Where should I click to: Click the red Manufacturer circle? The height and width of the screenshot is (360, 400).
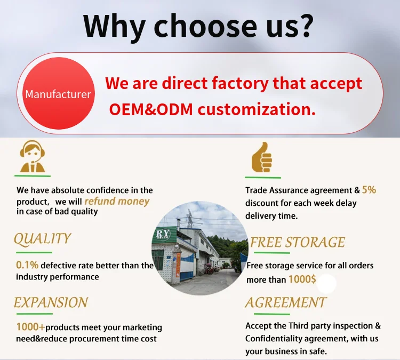[59, 93]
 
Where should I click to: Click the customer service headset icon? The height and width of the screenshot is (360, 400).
[33, 156]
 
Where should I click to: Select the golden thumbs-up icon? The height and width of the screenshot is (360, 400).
[262, 157]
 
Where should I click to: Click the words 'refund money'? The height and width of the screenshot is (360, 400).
[117, 201]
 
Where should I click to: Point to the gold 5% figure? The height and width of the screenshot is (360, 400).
[369, 190]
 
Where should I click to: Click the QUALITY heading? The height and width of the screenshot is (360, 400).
[42, 239]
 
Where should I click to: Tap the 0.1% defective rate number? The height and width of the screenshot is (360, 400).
[27, 265]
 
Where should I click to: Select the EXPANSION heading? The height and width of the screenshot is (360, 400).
[51, 302]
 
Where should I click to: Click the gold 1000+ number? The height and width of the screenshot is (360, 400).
[30, 327]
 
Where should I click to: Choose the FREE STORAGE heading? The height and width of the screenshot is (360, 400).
[298, 242]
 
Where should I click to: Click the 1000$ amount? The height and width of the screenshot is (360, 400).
[302, 279]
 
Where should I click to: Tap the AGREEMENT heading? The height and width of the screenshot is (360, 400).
[286, 302]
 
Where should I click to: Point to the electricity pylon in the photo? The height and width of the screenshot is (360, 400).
[190, 219]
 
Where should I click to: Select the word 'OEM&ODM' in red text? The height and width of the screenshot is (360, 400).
[151, 109]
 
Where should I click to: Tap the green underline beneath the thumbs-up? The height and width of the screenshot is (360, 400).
[263, 177]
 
